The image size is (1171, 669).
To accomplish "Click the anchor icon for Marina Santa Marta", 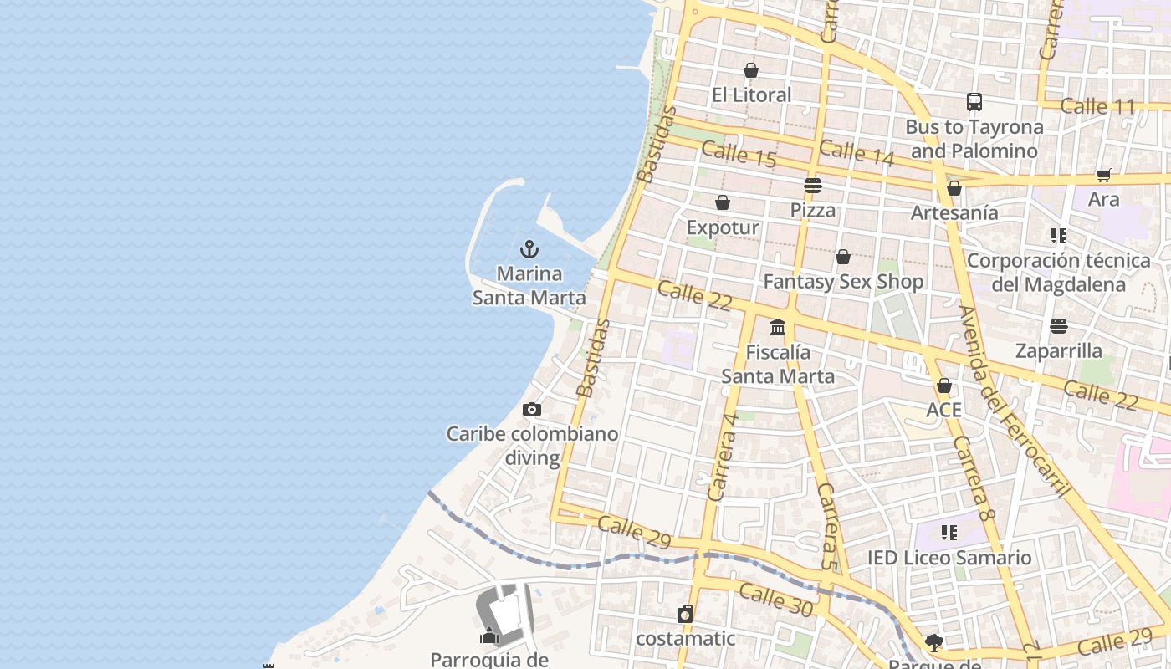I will click(x=529, y=249).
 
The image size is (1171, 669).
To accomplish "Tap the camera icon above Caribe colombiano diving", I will click(x=531, y=410).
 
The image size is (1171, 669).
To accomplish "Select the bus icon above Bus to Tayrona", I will click(x=974, y=102).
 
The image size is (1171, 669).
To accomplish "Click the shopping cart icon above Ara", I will click(x=1104, y=176).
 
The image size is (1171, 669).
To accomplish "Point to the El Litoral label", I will click(x=751, y=95).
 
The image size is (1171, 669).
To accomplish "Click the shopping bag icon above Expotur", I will click(x=723, y=202).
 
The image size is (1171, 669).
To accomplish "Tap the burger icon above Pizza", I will click(x=813, y=186).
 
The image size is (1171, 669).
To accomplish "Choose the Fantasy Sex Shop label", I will click(x=843, y=282).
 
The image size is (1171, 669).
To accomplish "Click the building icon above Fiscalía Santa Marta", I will click(x=778, y=327).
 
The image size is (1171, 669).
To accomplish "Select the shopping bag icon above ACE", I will click(x=944, y=386).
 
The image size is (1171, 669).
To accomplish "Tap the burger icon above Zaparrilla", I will click(x=1059, y=326).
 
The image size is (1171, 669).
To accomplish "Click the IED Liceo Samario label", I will click(x=949, y=558).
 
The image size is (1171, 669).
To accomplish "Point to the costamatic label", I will click(x=685, y=639).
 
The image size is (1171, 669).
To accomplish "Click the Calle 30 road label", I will click(x=776, y=600).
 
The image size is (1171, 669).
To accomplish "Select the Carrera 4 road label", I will click(x=723, y=457).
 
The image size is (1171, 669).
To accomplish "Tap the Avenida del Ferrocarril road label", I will click(x=1015, y=401).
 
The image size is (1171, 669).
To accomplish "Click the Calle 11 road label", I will click(x=1097, y=107).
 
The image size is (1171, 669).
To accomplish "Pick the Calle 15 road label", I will click(x=739, y=154).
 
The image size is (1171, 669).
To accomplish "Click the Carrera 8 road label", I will click(x=973, y=478).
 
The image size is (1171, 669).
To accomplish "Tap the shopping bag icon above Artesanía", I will click(x=954, y=189).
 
